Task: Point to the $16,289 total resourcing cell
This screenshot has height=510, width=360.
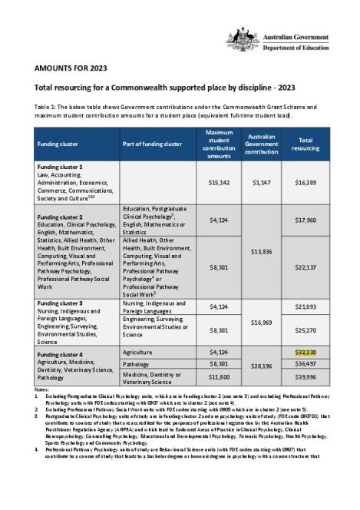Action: pos(306,184)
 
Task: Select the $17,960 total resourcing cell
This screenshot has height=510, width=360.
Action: pos(306,220)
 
